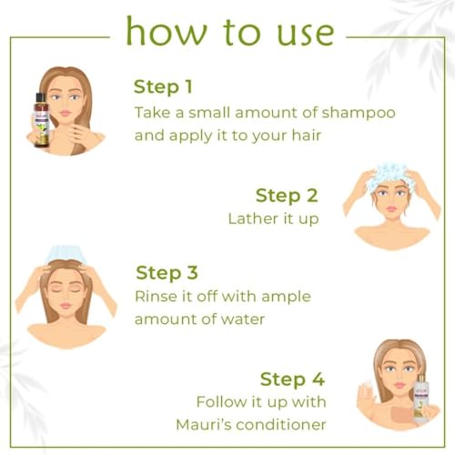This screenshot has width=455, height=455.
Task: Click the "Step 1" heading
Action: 165,86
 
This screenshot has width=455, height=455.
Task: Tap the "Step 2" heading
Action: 286,195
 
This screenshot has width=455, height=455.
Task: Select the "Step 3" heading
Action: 167,273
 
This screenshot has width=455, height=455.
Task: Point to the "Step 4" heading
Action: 290,379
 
